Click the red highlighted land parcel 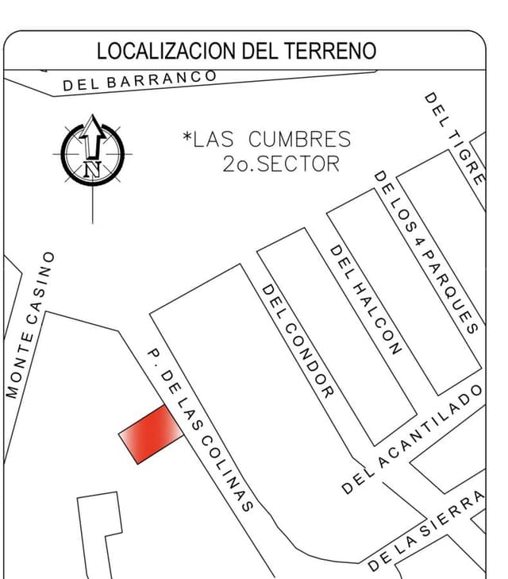pyautogui.click(x=150, y=433)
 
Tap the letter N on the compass pyautogui.click(x=93, y=168)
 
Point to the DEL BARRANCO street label pyautogui.click(x=140, y=80)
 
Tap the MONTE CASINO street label pyautogui.click(x=31, y=325)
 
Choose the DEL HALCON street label pyautogui.click(x=365, y=299)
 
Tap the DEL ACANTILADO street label pyautogui.click(x=413, y=438)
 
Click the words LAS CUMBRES pyautogui.click(x=272, y=140)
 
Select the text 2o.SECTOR pyautogui.click(x=281, y=164)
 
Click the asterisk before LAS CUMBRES pyautogui.click(x=187, y=139)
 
